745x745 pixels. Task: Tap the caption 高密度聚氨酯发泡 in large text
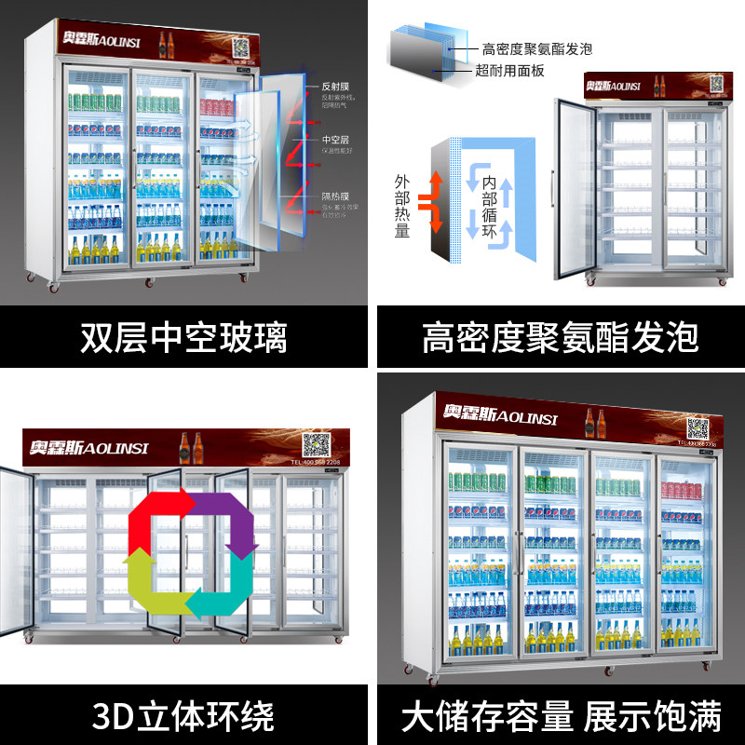point(560,338)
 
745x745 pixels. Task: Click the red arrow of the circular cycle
point(160,517)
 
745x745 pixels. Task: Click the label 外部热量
point(402,204)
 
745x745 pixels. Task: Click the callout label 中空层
point(332,140)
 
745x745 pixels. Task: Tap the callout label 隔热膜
point(332,196)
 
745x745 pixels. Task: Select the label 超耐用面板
point(509,72)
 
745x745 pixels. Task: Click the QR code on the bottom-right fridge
point(698,427)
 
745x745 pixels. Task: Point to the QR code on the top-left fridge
point(243,47)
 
